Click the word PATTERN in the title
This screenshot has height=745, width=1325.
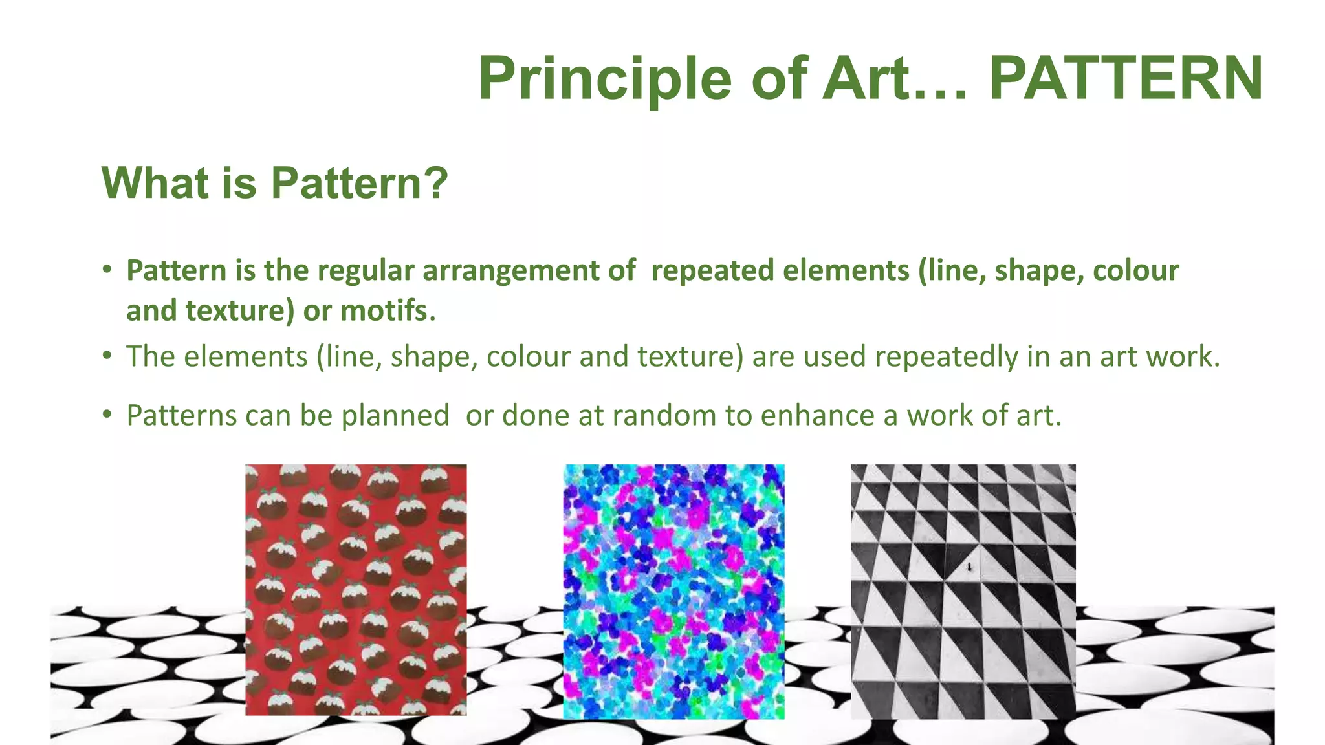point(1126,79)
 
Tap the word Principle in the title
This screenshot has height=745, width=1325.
point(605,79)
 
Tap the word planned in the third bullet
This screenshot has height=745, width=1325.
point(395,415)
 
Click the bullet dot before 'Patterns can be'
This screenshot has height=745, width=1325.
point(107,415)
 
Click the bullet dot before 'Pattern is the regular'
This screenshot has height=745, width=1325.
point(107,270)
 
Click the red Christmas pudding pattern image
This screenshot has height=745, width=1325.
point(356,590)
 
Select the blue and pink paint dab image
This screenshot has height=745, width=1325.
point(673,591)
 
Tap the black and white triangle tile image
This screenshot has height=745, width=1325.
point(963,591)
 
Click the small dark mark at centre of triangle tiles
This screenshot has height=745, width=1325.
point(969,568)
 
